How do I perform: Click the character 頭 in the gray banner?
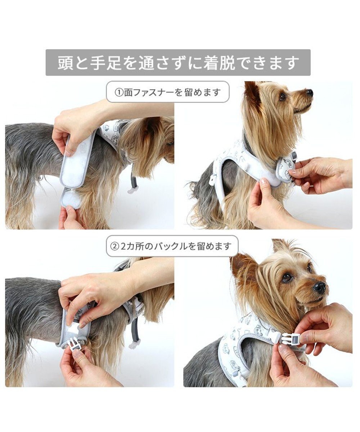pos(66,63)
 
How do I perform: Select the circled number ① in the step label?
pos(119,92)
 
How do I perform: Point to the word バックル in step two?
pos(169,246)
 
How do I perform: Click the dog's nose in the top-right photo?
pos(309,93)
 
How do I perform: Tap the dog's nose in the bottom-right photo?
pos(319,287)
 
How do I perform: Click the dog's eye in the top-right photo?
pos(283,96)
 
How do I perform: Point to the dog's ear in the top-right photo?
pos(253,94)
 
